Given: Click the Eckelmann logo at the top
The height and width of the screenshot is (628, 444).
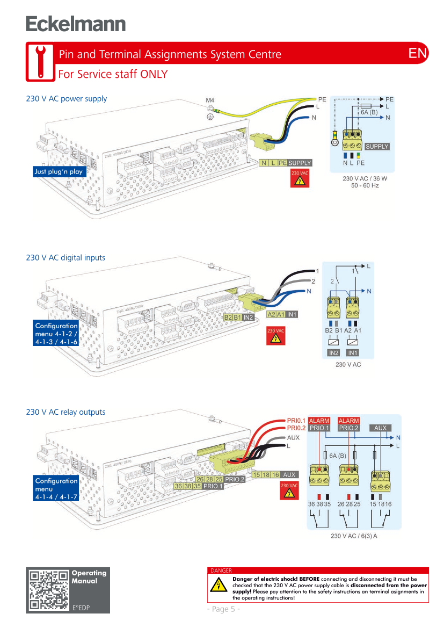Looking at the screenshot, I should pyautogui.click(x=76, y=24).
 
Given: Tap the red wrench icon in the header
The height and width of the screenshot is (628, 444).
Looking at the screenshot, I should pyautogui.click(x=40, y=61).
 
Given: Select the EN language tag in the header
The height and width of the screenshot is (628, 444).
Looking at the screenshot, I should pyautogui.click(x=418, y=53).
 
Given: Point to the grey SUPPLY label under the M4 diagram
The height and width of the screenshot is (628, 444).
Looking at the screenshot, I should pyautogui.click(x=300, y=163).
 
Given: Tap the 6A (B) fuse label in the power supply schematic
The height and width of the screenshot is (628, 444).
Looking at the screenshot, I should pyautogui.click(x=368, y=112).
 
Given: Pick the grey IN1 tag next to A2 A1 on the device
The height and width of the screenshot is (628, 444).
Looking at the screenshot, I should pyautogui.click(x=292, y=314).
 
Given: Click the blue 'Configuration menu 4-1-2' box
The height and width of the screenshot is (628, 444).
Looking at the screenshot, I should pyautogui.click(x=56, y=334).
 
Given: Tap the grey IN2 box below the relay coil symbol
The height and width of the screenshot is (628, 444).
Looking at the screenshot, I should pyautogui.click(x=333, y=353).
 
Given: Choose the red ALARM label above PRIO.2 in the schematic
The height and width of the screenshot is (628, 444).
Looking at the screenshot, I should pyautogui.click(x=348, y=421).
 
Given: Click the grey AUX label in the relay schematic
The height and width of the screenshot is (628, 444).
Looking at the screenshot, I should pyautogui.click(x=380, y=428).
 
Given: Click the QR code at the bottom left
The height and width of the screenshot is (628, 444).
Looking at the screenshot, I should pyautogui.click(x=49, y=590).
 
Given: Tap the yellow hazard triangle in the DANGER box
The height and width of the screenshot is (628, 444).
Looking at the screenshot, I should pyautogui.click(x=219, y=586).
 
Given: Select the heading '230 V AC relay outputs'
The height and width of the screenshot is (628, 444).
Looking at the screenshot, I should pyautogui.click(x=66, y=412).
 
